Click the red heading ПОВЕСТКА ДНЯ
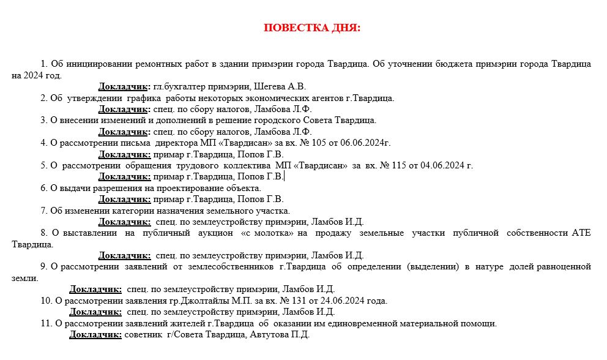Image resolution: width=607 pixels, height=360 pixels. coord(312,28)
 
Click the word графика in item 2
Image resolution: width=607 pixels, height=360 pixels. coord(145,98)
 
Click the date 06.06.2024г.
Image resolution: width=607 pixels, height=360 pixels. coord(364,143)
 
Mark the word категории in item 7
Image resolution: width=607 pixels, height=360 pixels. coord(117,211)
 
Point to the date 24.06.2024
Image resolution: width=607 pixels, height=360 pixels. coord(339,301)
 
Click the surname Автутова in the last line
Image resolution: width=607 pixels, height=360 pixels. coord(267,335)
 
